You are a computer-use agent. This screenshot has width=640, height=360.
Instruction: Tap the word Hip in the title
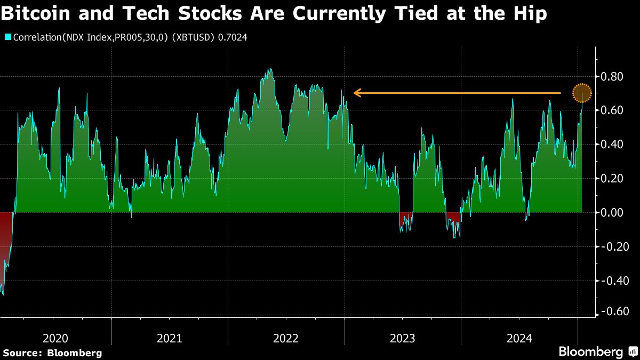coord(527,14)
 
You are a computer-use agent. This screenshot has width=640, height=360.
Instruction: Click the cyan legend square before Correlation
coord(7,37)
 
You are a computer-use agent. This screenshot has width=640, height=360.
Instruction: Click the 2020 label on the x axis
coord(55,338)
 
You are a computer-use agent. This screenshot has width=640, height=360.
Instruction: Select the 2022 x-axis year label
coord(286,338)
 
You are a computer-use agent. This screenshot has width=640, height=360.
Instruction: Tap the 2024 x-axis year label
coord(519,338)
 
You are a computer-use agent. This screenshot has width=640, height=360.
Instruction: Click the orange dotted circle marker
coord(582,93)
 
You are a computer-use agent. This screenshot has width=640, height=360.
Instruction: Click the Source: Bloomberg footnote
coord(52,353)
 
